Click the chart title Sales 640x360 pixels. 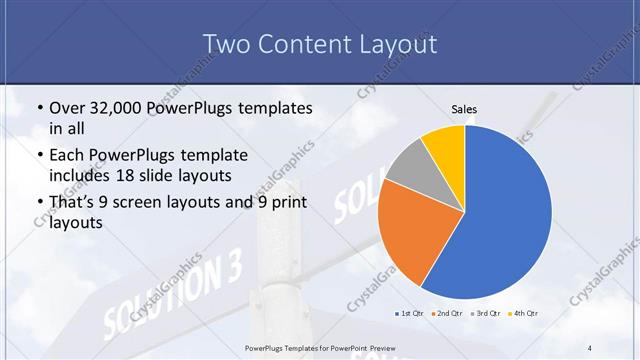click(464, 108)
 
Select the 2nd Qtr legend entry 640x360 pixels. click(446, 314)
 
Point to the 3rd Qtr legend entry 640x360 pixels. click(485, 314)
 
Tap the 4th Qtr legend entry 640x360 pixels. click(524, 314)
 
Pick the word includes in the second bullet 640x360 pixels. click(81, 177)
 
